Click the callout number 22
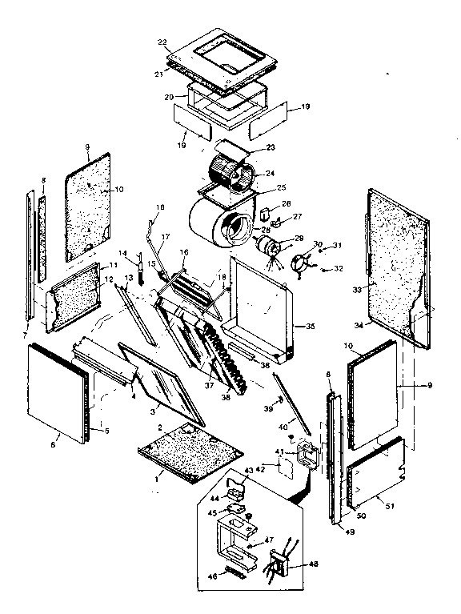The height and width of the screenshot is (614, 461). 162,42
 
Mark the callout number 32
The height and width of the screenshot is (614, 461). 338,269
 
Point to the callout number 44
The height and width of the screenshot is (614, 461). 214,498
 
